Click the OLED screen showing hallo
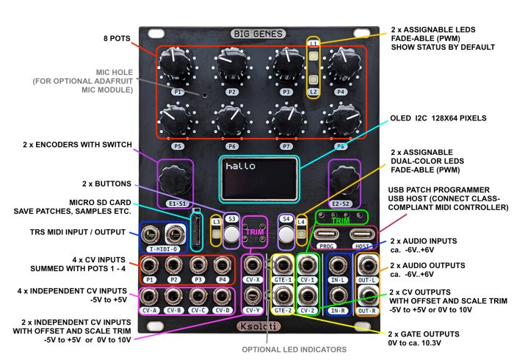point(258,179)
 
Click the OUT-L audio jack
point(366,265)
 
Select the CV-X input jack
point(252,265)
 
